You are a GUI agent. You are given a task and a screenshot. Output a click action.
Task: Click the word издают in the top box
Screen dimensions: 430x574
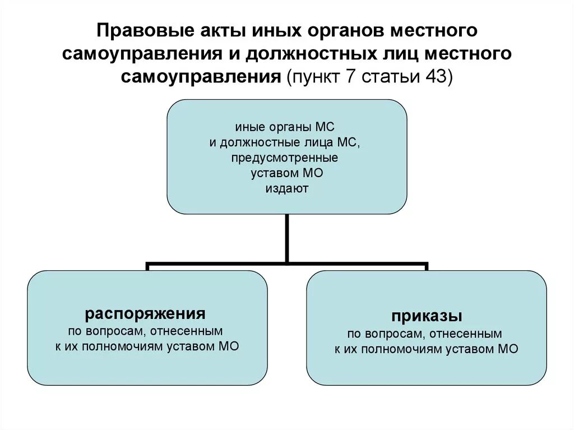(287, 189)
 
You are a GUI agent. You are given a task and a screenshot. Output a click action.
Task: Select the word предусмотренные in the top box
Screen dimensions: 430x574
(287, 158)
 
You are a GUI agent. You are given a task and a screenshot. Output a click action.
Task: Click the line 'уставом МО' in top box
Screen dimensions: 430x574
(287, 173)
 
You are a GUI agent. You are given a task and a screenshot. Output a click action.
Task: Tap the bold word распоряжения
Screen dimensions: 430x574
(145, 313)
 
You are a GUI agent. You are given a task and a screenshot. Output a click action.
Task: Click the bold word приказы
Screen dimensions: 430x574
(427, 316)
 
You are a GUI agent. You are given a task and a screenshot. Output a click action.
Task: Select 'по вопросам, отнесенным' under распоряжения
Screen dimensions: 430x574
(146, 330)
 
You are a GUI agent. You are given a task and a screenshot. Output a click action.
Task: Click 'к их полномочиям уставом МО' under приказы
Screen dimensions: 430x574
(427, 349)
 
